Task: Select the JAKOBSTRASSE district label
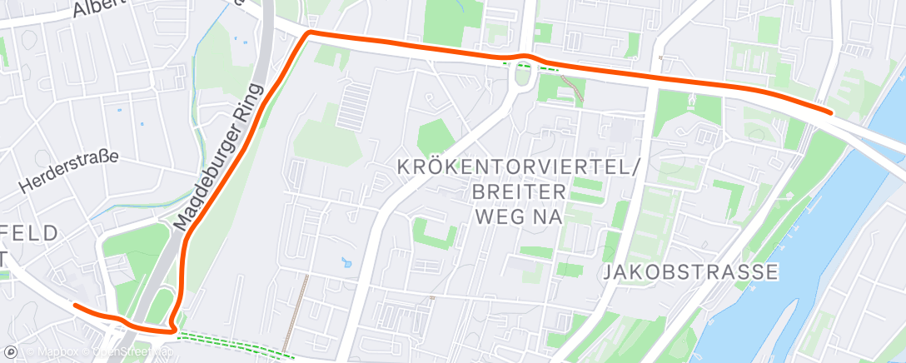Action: (x=690, y=271)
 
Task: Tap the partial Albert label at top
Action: (x=98, y=8)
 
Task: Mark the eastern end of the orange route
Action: (x=830, y=111)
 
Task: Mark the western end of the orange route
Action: (x=76, y=305)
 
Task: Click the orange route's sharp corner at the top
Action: (x=310, y=32)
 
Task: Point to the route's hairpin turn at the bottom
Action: (x=173, y=328)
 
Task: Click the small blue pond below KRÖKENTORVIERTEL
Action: (x=346, y=266)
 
